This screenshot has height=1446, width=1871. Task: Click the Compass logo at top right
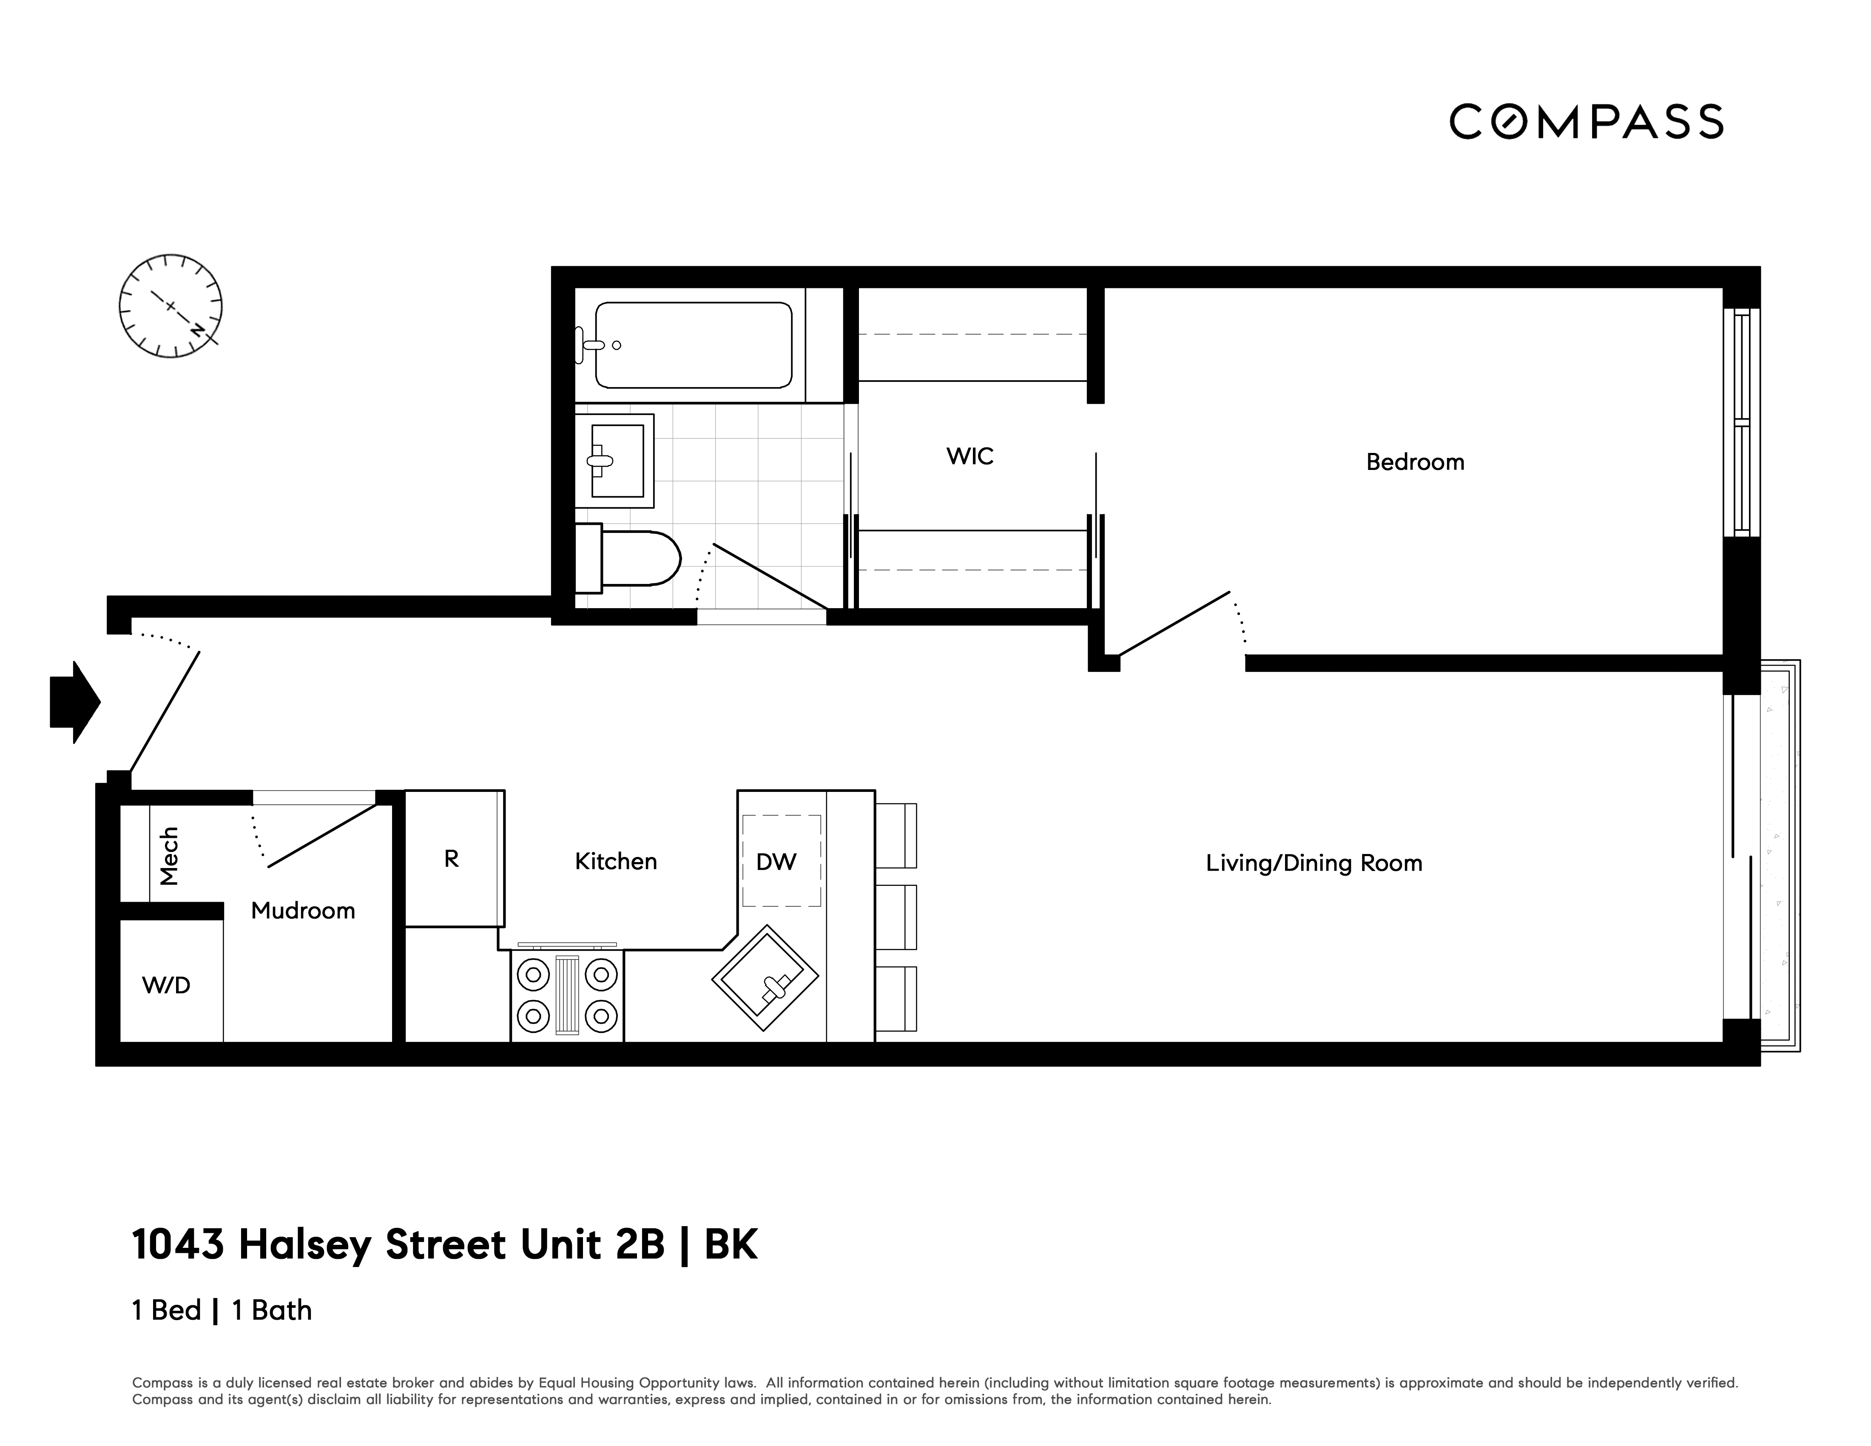click(x=1586, y=122)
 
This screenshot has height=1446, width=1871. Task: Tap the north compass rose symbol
click(x=171, y=306)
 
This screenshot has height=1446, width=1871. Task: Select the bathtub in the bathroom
click(x=693, y=345)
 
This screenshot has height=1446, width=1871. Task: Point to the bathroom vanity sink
click(x=615, y=461)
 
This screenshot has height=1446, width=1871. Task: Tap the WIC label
click(x=970, y=456)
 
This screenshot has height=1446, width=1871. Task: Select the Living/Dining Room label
click(x=1313, y=862)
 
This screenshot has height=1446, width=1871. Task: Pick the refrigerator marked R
click(x=452, y=858)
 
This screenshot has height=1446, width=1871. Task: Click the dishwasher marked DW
click(x=776, y=861)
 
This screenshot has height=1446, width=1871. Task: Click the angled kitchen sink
click(x=765, y=977)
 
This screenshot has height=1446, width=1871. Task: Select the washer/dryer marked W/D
click(x=167, y=985)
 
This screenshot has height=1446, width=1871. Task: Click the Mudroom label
click(x=302, y=911)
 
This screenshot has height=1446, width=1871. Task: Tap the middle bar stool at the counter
click(x=896, y=917)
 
